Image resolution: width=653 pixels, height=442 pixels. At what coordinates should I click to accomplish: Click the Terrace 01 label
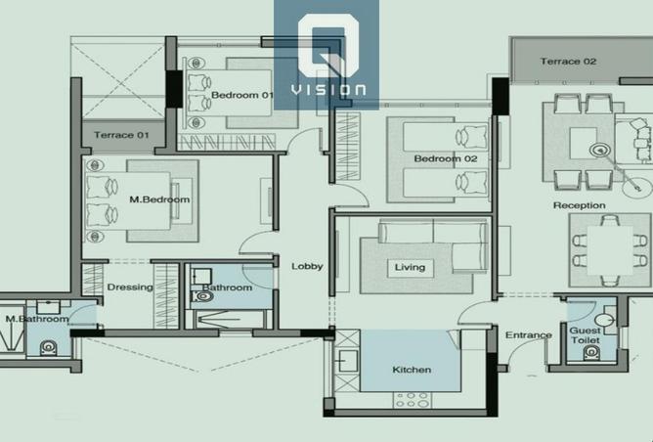click(121, 135)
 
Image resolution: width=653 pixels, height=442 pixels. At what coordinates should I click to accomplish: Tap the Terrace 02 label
click(568, 62)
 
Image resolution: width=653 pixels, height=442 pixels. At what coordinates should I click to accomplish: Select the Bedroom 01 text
click(242, 95)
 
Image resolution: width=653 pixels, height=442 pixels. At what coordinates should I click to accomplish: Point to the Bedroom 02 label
click(446, 158)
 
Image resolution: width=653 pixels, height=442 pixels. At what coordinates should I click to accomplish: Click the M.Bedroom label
click(159, 199)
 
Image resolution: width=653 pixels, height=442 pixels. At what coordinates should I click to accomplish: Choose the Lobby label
click(307, 266)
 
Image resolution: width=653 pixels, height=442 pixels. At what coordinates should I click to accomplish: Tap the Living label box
click(411, 268)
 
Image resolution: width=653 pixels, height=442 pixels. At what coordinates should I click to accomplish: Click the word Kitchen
click(412, 370)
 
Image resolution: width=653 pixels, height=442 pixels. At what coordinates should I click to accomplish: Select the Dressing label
click(130, 287)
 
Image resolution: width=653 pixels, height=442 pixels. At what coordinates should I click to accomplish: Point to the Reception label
click(580, 205)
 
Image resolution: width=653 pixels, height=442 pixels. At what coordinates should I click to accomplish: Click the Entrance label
click(529, 335)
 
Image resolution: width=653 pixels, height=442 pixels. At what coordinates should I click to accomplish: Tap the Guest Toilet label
click(586, 335)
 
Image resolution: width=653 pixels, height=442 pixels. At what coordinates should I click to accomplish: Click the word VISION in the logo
click(328, 90)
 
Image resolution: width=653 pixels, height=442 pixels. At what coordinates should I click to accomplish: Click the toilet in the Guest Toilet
click(591, 353)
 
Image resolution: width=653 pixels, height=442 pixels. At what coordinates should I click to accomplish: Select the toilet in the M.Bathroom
click(48, 347)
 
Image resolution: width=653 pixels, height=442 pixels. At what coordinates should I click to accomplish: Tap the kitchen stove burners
click(413, 400)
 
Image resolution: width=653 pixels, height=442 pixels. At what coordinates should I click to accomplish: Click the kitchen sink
click(347, 361)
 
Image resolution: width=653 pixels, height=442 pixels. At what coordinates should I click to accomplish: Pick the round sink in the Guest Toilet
click(604, 320)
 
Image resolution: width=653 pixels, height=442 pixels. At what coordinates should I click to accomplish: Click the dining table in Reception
click(610, 250)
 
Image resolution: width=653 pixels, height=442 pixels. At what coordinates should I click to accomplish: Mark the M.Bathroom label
click(37, 319)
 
